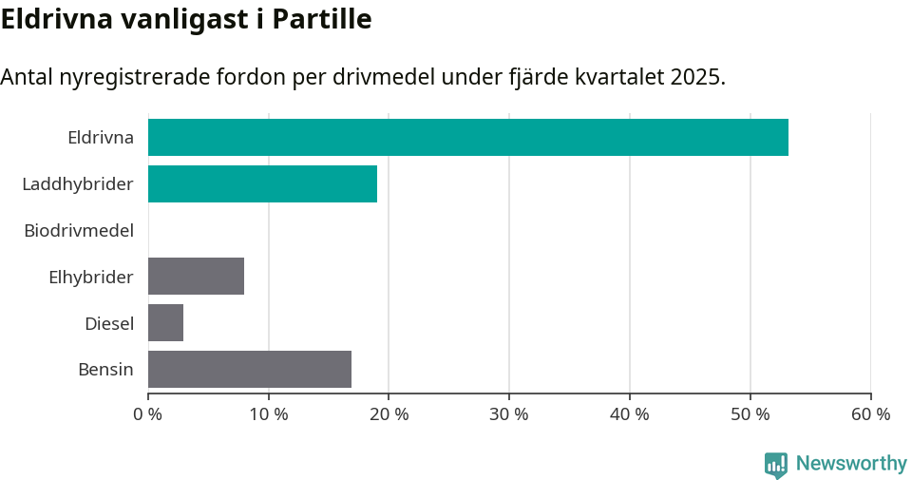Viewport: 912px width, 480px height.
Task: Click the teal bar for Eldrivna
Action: coord(467,137)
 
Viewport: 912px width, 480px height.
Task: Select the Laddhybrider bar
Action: coord(262,183)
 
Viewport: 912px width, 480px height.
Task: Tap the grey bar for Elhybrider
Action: coord(196,277)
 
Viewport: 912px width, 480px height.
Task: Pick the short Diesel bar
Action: coord(165,323)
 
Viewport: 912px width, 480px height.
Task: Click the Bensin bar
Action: coord(250,369)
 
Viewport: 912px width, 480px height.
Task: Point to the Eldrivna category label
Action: coord(101,138)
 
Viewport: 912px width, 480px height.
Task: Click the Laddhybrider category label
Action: coord(78,183)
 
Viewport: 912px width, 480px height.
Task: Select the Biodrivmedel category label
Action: coord(79,230)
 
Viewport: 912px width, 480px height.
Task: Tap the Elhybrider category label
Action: coord(91,277)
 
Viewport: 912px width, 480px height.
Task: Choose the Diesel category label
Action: coord(109,323)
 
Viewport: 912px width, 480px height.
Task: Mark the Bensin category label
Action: coord(105,369)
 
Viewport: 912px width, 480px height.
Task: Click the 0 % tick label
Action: coord(148,414)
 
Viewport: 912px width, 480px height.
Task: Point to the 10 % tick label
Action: coord(269,414)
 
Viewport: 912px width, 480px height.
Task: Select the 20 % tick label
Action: coord(389,414)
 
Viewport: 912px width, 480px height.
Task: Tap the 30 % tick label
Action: coord(509,414)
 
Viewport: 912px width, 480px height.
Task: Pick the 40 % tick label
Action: coord(630,414)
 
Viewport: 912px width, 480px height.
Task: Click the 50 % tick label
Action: coord(750,414)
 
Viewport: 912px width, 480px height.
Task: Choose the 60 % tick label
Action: coord(870,414)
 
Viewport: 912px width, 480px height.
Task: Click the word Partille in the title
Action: coord(322,19)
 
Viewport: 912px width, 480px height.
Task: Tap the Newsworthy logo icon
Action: coord(775,464)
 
